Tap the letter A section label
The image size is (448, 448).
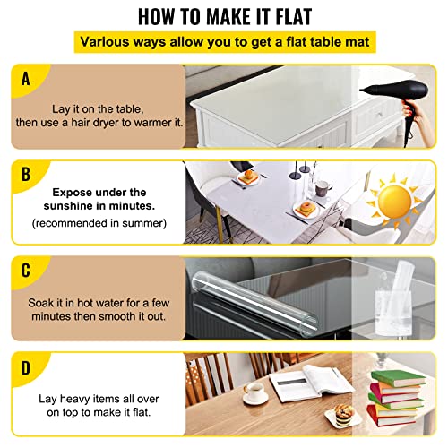pyautogui.click(x=23, y=80)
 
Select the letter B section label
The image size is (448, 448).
pyautogui.click(x=23, y=175)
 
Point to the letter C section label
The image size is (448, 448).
pyautogui.click(x=23, y=271)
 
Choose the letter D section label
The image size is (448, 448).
pyautogui.click(x=23, y=366)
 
